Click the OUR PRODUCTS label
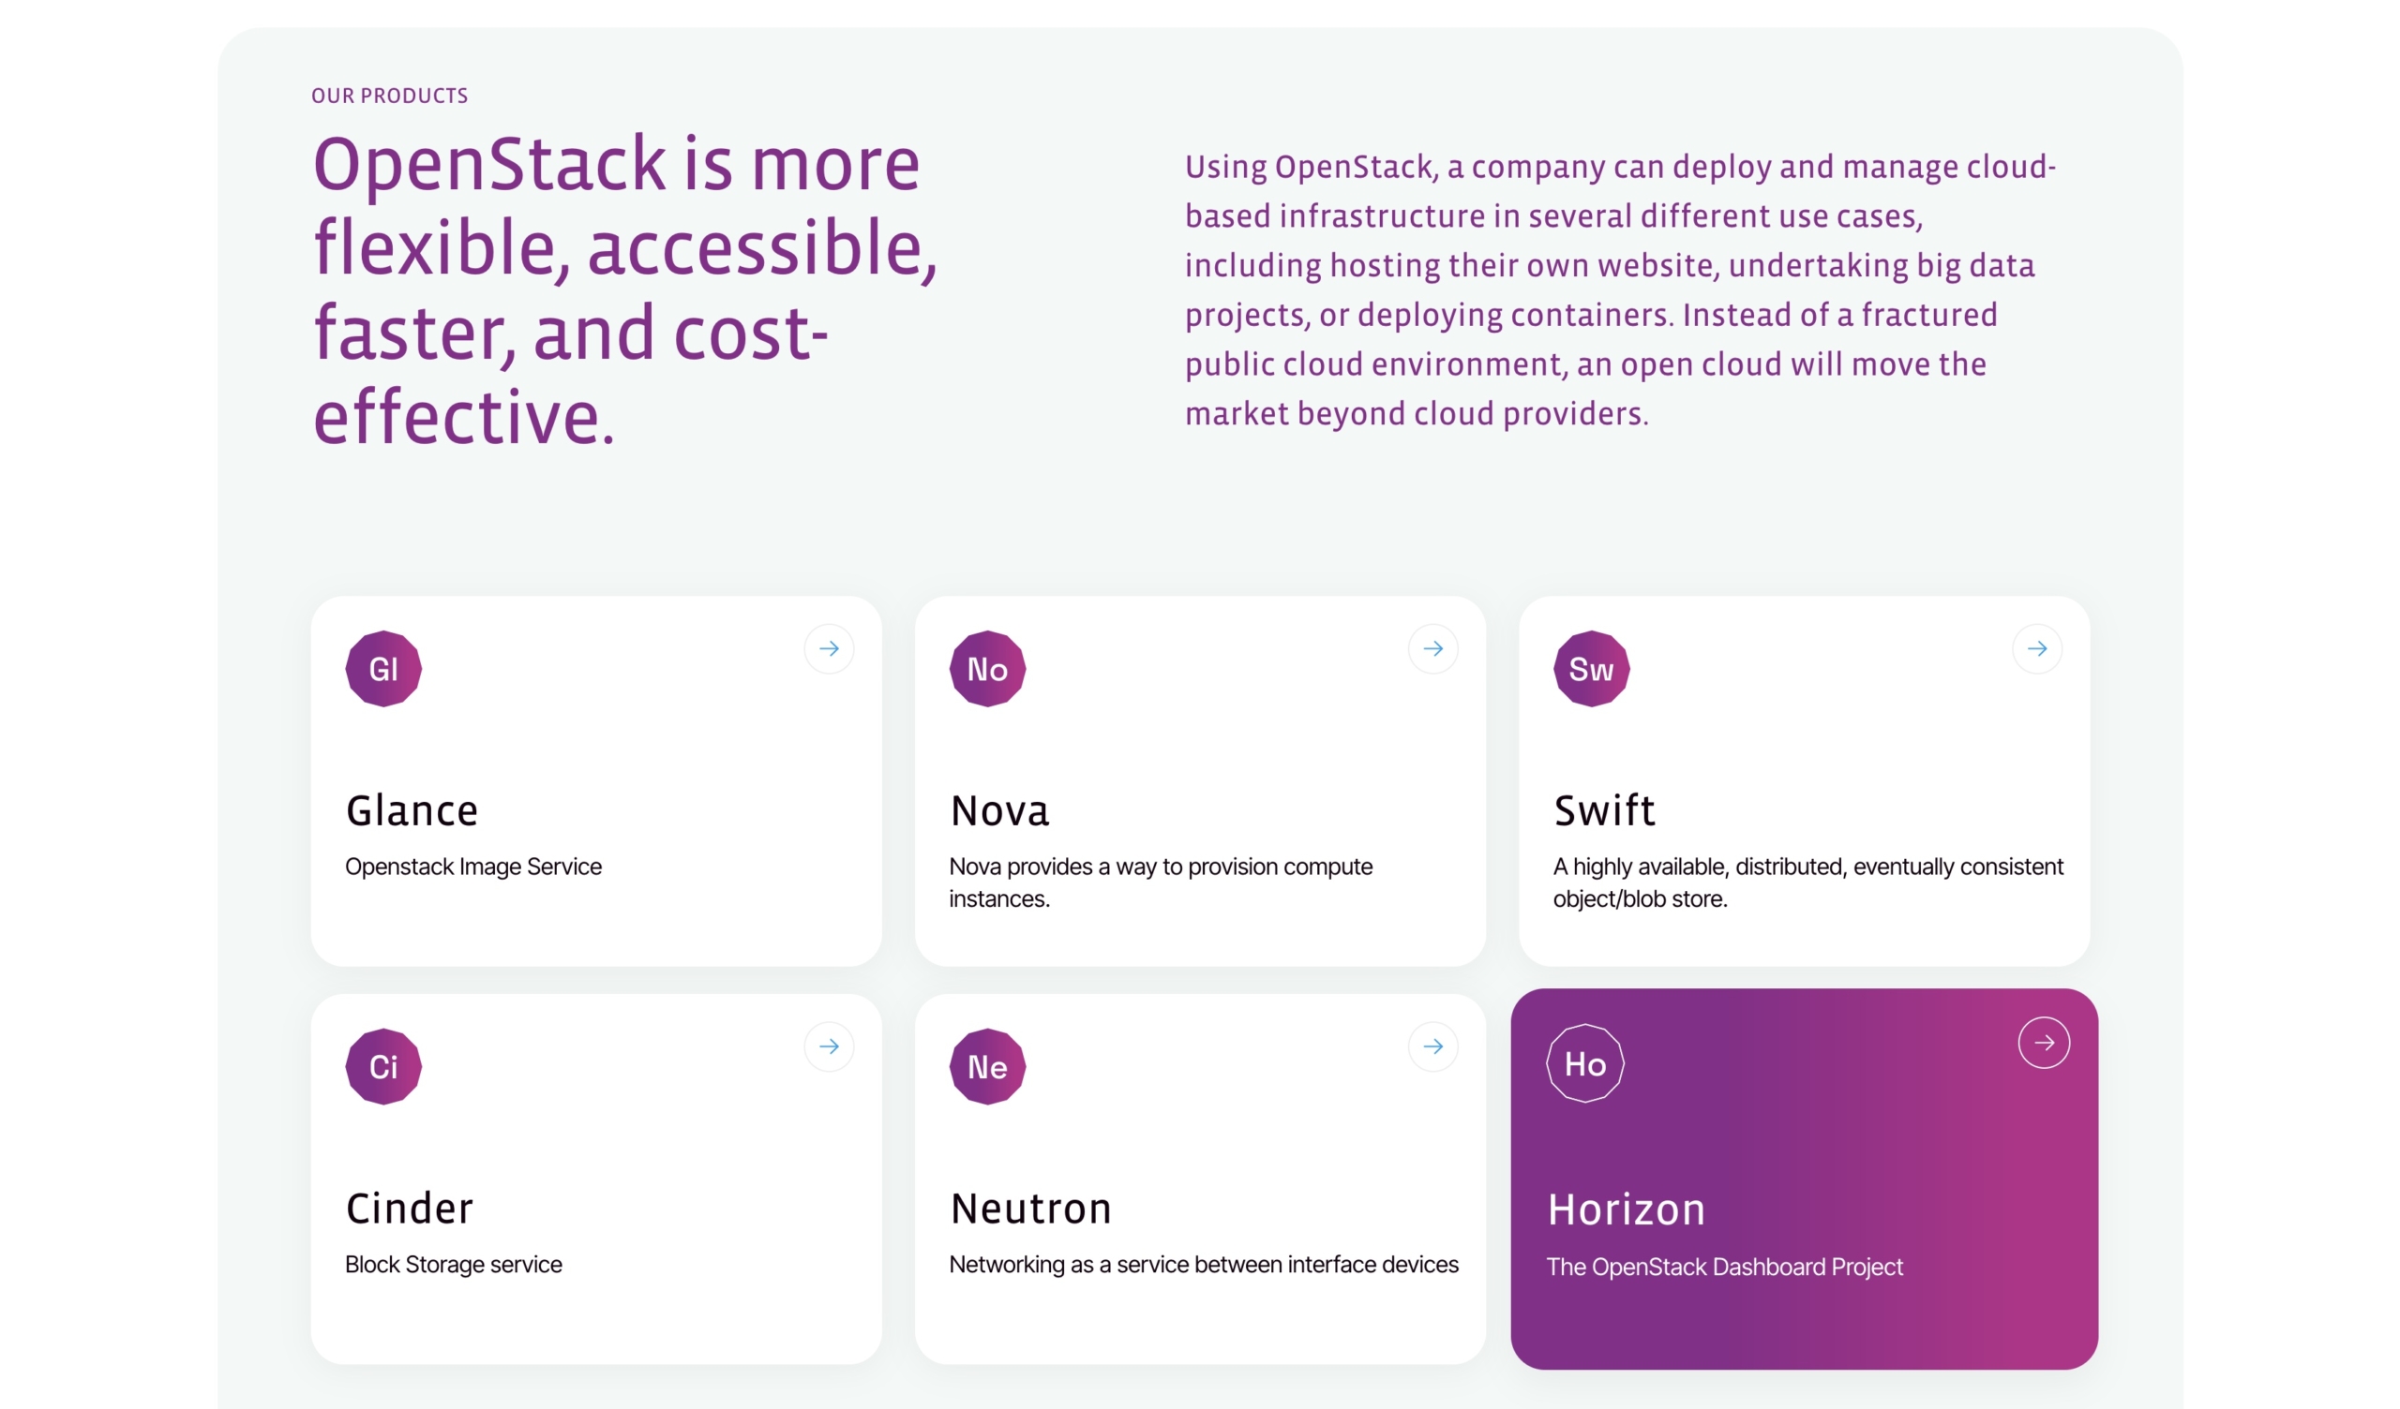389,96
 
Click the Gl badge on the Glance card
383,668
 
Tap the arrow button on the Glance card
830,649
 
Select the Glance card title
412,811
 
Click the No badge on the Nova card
987,668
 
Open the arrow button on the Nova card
1433,649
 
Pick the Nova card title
1000,811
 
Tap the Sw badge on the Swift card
1592,668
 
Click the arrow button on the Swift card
2037,649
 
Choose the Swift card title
1605,810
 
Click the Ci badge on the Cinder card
383,1066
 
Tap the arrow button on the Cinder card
830,1047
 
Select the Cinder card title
410,1209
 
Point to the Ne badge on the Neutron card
987,1066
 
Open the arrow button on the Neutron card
1433,1047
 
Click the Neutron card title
1031,1209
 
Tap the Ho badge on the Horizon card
1585,1063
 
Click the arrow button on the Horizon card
2044,1044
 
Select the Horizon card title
1627,1210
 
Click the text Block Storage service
454,1265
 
